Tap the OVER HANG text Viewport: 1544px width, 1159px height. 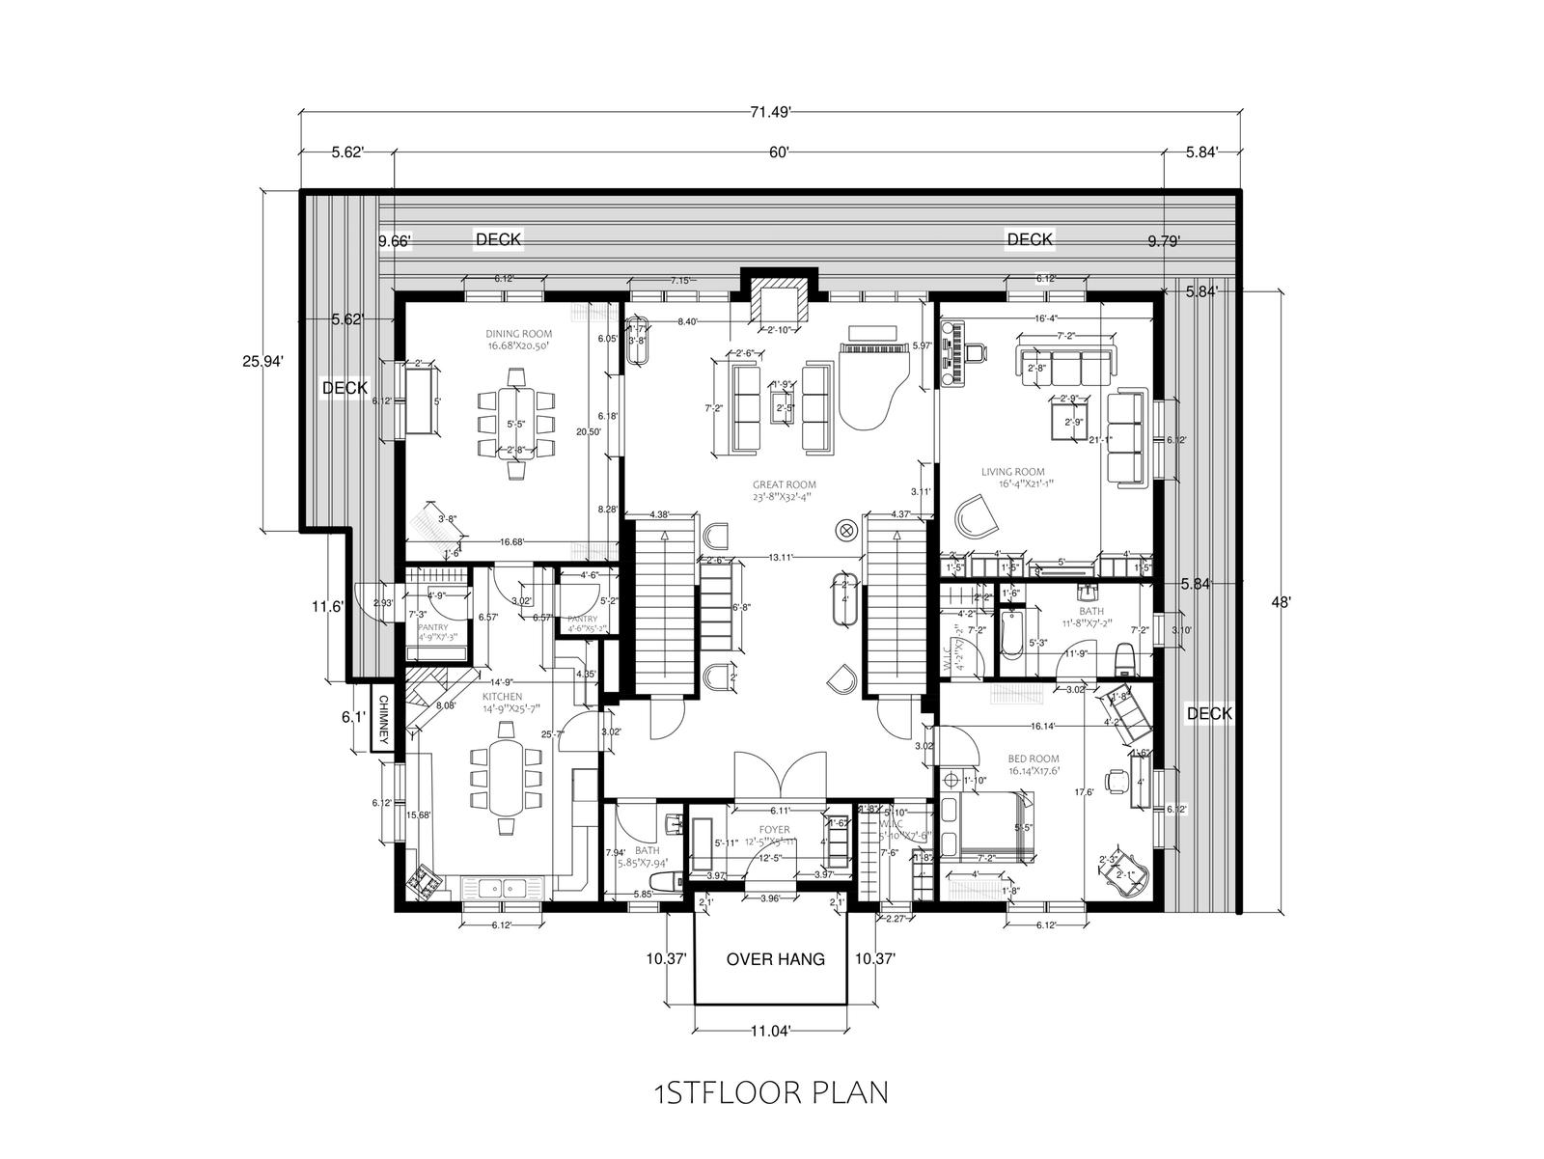(x=775, y=959)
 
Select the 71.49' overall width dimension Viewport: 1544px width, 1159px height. (x=770, y=112)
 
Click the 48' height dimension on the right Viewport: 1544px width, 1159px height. (x=1281, y=601)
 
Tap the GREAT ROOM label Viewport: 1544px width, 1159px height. (x=785, y=491)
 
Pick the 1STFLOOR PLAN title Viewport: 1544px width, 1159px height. (x=770, y=1093)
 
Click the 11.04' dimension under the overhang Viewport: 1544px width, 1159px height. (x=772, y=1031)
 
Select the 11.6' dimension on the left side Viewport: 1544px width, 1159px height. (x=327, y=607)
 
